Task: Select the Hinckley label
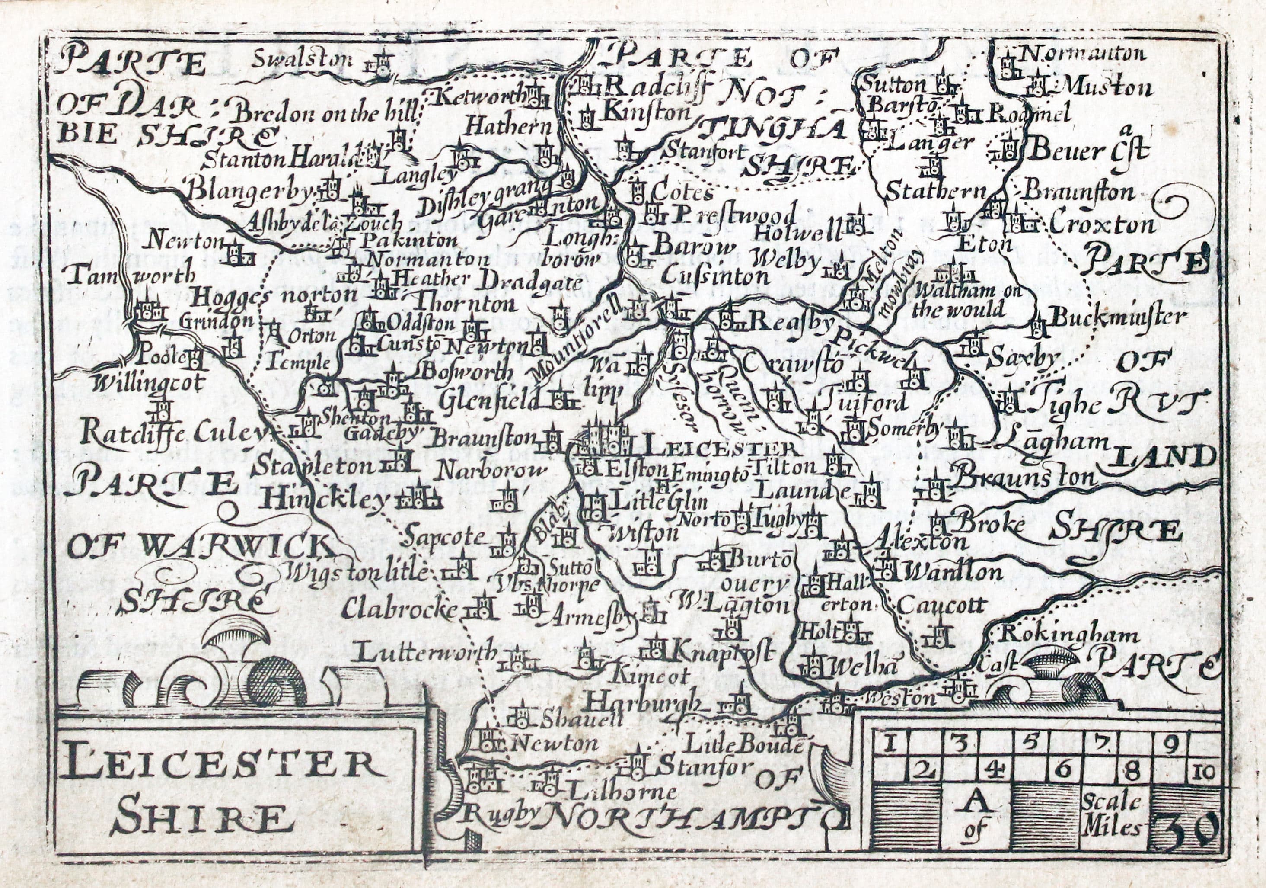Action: click(325, 499)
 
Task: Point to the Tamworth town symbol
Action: click(148, 311)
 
